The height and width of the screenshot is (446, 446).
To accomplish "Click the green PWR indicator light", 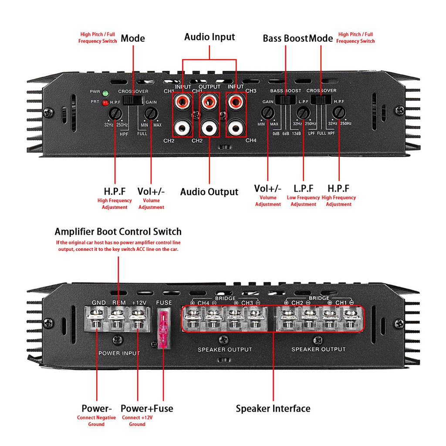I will pyautogui.click(x=105, y=93).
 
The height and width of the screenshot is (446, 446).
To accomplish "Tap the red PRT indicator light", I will pyautogui.click(x=105, y=103).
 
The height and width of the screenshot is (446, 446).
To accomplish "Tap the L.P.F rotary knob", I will pyautogui.click(x=303, y=113).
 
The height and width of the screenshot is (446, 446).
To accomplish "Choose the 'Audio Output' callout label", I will pyautogui.click(x=209, y=192).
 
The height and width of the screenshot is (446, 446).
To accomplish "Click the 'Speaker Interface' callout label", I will pyautogui.click(x=273, y=409).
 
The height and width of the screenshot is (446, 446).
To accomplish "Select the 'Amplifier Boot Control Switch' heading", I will pyautogui.click(x=118, y=232).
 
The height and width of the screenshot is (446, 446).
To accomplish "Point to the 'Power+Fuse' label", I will pyautogui.click(x=147, y=409).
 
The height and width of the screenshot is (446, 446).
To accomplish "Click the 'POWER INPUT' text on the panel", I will pyautogui.click(x=119, y=353).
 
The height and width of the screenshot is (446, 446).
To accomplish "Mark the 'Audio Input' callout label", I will pyautogui.click(x=209, y=37).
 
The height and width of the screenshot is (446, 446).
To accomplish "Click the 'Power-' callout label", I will pyautogui.click(x=97, y=409).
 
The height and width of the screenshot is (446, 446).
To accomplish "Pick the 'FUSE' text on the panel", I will pyautogui.click(x=164, y=303).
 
